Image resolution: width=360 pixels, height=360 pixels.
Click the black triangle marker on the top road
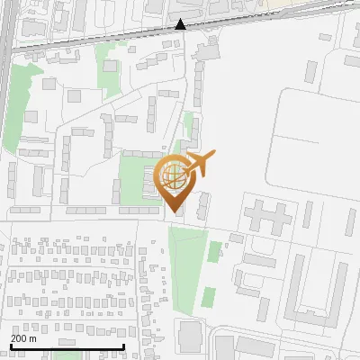(181, 24)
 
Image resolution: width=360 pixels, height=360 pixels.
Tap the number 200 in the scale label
(18, 338)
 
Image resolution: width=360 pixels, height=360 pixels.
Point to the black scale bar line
(67, 346)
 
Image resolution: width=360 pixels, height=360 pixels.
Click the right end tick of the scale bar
(123, 345)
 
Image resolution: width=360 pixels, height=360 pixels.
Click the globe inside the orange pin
(173, 175)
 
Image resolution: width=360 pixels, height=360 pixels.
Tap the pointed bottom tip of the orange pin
(174, 211)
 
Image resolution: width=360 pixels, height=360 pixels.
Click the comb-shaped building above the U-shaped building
(265, 216)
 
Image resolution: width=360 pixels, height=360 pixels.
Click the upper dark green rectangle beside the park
(214, 251)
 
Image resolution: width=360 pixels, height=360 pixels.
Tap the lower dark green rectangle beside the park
(209, 297)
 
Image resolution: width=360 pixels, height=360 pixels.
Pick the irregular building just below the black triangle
(206, 49)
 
